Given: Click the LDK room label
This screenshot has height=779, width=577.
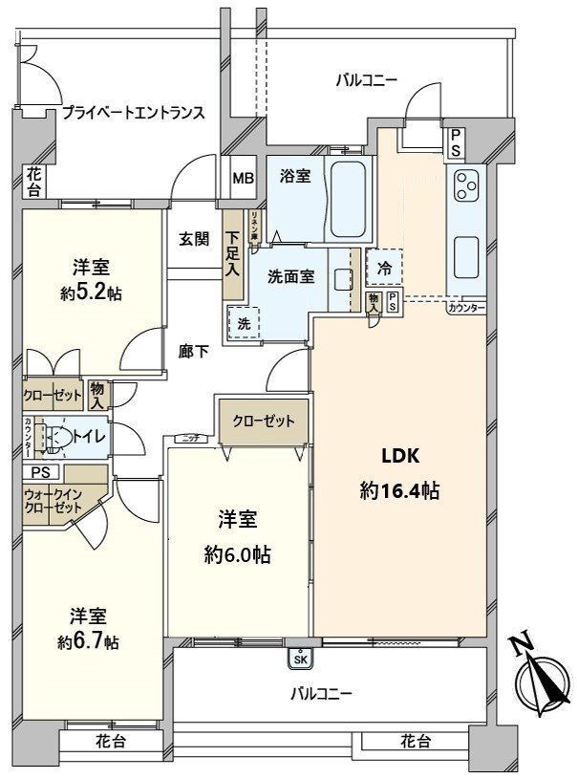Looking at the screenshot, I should pos(399,455).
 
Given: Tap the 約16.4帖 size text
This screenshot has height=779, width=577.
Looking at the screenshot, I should pos(399,491).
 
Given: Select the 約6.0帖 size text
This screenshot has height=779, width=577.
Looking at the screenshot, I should pos(238,554).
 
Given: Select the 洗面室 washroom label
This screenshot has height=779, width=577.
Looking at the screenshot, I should pos(290,277).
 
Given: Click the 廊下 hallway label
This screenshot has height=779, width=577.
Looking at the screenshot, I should pos(194,351).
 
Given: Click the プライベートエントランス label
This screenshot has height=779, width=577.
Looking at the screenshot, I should pos(133,112).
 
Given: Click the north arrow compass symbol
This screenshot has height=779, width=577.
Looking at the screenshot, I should pos(539,681).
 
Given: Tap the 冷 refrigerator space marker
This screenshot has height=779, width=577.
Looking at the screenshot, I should pos(384,269).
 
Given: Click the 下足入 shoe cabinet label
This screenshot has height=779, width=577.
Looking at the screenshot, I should pos(232,251).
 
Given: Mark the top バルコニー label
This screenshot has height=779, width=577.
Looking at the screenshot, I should pos(366,80).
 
